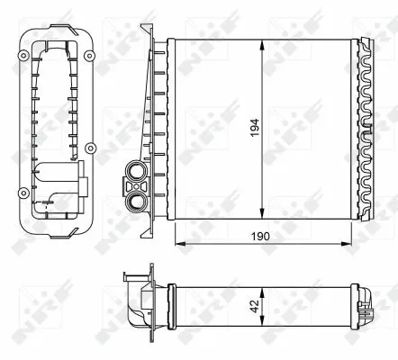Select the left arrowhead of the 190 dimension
(176, 244)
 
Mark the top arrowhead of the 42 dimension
(261, 289)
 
